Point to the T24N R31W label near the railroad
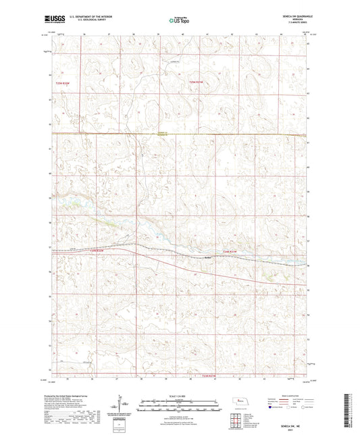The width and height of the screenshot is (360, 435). [230, 251]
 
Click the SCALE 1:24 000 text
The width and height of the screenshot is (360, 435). [180, 396]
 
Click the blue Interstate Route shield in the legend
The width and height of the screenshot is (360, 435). [272, 408]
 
